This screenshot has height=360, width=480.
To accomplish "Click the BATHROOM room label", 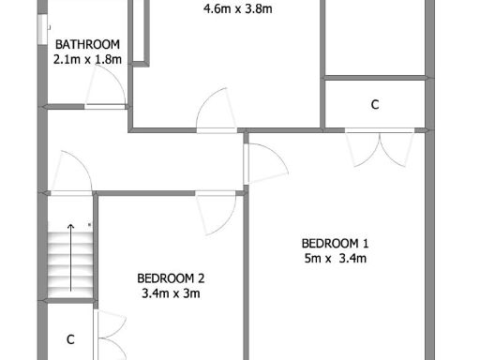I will (x=87, y=44).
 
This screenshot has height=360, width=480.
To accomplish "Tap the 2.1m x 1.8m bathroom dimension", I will (x=87, y=58).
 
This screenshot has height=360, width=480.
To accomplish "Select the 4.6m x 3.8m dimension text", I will (x=237, y=11).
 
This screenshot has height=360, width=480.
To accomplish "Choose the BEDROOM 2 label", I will (x=171, y=277).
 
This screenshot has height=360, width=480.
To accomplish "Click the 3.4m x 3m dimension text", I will (x=171, y=293).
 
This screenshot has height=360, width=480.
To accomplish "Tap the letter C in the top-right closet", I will (x=374, y=105).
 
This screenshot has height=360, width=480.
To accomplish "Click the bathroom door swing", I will (x=105, y=90).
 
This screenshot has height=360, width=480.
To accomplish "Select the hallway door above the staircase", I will (x=72, y=173).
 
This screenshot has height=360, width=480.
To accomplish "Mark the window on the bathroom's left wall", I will (x=41, y=30).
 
